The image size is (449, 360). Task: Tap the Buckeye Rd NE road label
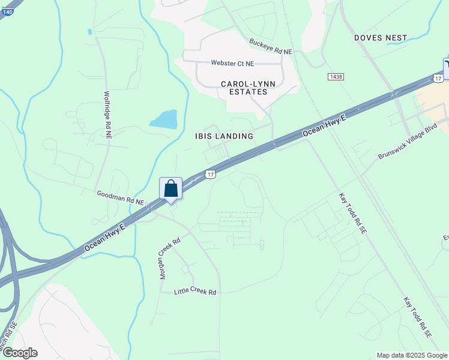tap(271, 47)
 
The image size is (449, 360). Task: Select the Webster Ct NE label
tap(232, 63)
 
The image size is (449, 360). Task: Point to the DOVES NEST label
tap(381, 38)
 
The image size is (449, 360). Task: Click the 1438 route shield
tap(336, 76)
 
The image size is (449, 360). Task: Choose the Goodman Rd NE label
tap(121, 198)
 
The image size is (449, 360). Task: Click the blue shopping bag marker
tap(170, 189)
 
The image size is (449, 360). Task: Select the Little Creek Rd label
tap(194, 292)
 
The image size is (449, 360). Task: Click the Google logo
tap(19, 353)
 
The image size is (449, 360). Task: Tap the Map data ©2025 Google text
tap(411, 355)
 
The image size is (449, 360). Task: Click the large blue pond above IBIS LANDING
tap(164, 119)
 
